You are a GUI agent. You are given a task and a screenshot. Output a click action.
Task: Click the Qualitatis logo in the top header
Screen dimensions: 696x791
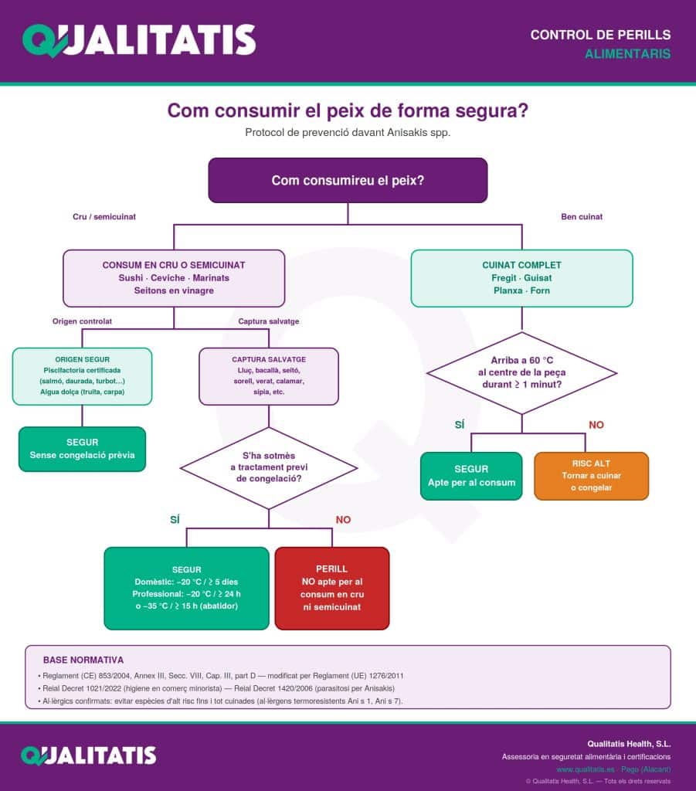pyautogui.click(x=139, y=40)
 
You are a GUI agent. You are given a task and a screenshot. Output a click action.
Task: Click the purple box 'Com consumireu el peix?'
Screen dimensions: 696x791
pyautogui.click(x=348, y=181)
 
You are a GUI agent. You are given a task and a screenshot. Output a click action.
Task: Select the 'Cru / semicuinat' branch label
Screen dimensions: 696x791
pyautogui.click(x=104, y=217)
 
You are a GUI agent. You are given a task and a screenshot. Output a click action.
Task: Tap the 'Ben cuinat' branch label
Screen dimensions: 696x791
pyautogui.click(x=582, y=217)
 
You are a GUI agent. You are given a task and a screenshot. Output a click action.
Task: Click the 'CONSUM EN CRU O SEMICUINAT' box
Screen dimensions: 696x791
pyautogui.click(x=174, y=278)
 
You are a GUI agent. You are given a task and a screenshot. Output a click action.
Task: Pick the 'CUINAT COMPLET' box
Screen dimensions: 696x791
pyautogui.click(x=522, y=278)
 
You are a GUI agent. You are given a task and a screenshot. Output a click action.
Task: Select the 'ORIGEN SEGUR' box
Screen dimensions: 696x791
pyautogui.click(x=82, y=376)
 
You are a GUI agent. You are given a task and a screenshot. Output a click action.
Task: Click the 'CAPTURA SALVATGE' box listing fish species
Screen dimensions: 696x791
pyautogui.click(x=269, y=376)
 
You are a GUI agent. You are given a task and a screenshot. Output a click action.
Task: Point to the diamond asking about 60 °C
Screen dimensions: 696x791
pyautogui.click(x=522, y=373)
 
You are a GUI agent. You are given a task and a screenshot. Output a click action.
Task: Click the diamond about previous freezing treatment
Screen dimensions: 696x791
pyautogui.click(x=269, y=467)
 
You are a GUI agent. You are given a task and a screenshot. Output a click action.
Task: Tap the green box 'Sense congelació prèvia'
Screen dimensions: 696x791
pyautogui.click(x=82, y=449)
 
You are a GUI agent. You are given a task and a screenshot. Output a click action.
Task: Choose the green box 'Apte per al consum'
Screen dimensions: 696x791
pyautogui.click(x=471, y=476)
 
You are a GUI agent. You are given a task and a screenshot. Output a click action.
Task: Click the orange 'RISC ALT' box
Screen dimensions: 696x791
pyautogui.click(x=591, y=476)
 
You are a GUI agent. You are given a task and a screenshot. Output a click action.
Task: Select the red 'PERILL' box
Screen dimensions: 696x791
pyautogui.click(x=332, y=588)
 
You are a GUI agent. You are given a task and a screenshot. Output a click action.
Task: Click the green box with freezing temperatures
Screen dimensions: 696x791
pyautogui.click(x=187, y=588)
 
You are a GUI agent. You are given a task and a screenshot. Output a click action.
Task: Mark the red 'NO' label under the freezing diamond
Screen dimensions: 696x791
pyautogui.click(x=343, y=520)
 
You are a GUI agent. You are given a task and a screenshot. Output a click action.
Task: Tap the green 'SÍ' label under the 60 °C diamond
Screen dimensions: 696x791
pyautogui.click(x=460, y=425)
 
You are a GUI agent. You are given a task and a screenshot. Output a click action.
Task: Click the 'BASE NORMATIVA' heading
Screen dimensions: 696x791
pyautogui.click(x=83, y=660)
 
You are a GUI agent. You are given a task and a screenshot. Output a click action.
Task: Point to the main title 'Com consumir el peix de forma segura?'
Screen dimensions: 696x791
pyautogui.click(x=348, y=110)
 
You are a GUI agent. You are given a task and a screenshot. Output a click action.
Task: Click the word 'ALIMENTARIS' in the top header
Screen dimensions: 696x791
pyautogui.click(x=628, y=54)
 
